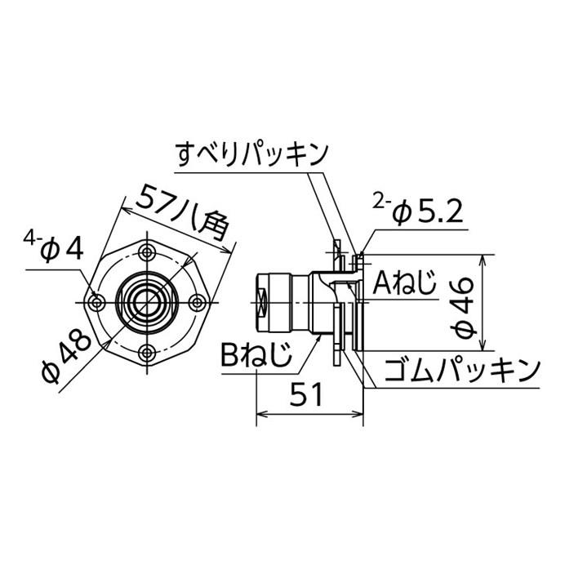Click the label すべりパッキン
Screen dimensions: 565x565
(251, 153)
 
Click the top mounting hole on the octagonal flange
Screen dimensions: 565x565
(147, 251)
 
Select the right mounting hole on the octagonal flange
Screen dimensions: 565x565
(197, 302)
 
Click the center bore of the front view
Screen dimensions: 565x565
(147, 302)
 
